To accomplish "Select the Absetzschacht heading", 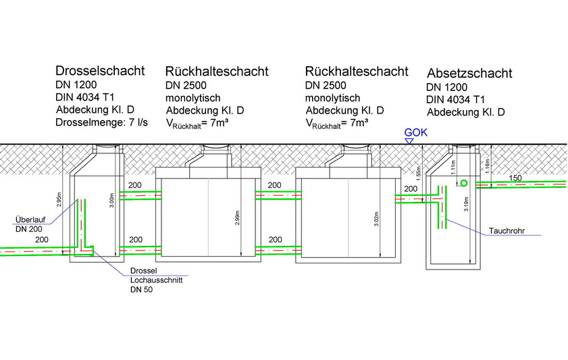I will click(x=469, y=73).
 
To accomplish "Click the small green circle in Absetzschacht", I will click(x=463, y=184).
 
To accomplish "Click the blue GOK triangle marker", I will click(x=409, y=140).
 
